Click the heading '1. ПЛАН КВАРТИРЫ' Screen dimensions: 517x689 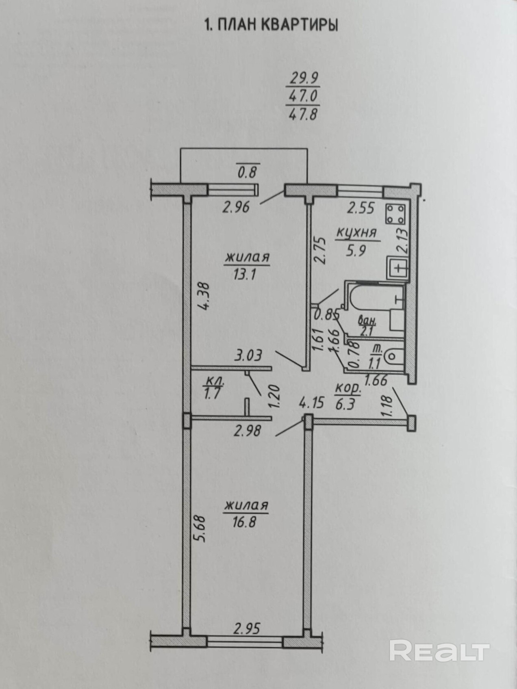pos(270,25)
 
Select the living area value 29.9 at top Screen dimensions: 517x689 pos(303,78)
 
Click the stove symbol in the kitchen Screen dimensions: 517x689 pos(395,214)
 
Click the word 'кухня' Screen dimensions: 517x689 pos(356,233)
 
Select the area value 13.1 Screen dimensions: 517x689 pos(244,275)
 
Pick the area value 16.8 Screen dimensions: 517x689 pos(244,521)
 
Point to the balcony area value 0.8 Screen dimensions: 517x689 pos(247,172)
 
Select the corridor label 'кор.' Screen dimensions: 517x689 pos(348,389)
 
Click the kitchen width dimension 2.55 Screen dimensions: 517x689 pos(360,208)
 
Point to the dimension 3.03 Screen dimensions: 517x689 pos(248,355)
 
